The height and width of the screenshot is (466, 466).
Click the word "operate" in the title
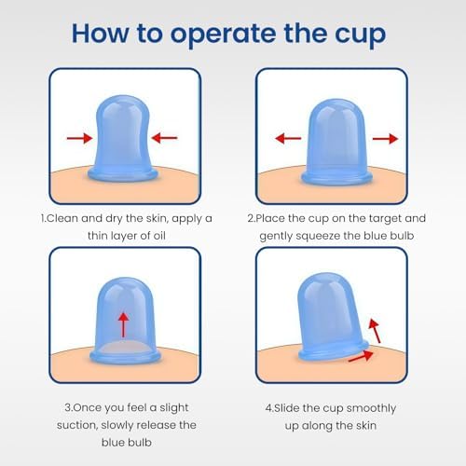(x=224, y=35)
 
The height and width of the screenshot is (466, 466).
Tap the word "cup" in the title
(x=360, y=35)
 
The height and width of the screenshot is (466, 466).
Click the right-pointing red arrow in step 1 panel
(x=80, y=138)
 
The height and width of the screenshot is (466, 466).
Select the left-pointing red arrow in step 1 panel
(x=164, y=138)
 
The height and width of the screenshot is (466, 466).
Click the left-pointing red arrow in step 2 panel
(x=288, y=138)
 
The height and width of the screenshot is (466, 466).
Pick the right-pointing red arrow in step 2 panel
(x=385, y=139)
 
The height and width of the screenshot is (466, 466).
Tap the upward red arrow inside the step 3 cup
(x=124, y=325)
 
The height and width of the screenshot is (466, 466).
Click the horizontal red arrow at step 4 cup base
(x=361, y=356)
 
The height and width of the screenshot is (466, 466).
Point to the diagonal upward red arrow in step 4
(x=375, y=332)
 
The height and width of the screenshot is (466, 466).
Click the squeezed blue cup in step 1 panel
(x=123, y=138)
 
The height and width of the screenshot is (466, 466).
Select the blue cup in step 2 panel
(x=336, y=142)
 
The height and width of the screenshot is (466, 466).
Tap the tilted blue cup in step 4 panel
(x=333, y=319)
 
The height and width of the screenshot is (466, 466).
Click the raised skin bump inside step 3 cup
(x=125, y=348)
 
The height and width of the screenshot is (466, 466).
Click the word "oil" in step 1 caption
(x=159, y=236)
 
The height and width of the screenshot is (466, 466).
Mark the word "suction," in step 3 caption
(x=77, y=425)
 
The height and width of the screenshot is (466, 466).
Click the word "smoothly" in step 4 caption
(x=371, y=408)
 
